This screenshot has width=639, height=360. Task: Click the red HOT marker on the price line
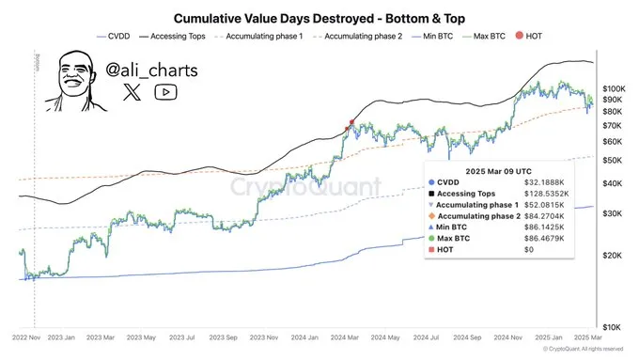pyautogui.click(x=351, y=122)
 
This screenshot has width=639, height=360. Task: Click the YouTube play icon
pyautogui.click(x=166, y=91)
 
